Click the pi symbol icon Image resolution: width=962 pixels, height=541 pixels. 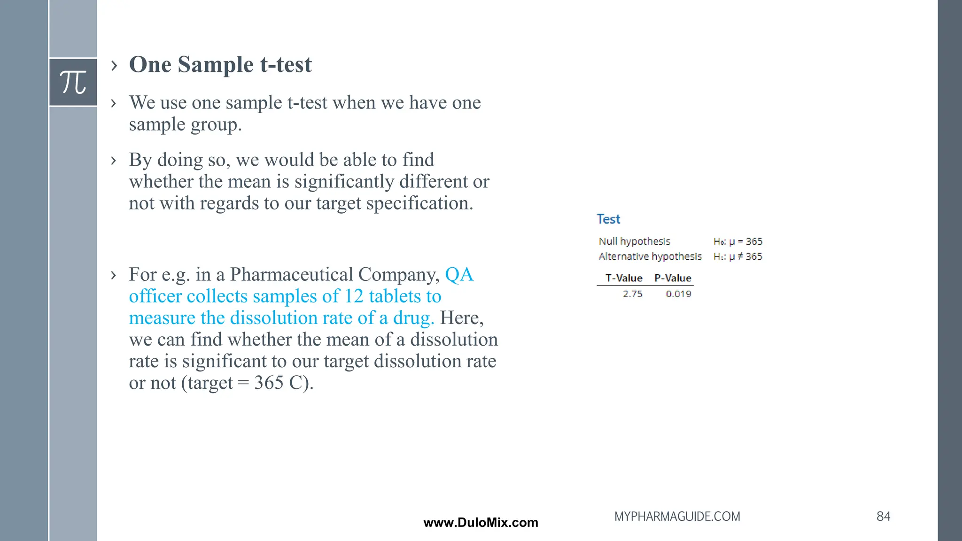click(x=73, y=82)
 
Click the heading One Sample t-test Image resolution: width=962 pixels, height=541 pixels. click(x=220, y=64)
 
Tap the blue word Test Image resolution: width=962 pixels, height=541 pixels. click(x=608, y=219)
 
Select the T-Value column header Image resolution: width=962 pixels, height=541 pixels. click(x=624, y=278)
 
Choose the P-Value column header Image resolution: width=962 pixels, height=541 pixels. click(x=673, y=278)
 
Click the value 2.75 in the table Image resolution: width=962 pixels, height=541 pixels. click(x=632, y=294)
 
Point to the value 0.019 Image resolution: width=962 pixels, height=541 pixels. click(x=678, y=294)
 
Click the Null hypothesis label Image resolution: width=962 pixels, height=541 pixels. click(x=634, y=241)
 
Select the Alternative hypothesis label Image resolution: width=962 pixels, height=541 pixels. click(x=650, y=256)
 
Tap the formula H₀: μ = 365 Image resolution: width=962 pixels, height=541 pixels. click(x=737, y=241)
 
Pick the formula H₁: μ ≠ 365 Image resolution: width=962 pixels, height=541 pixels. click(x=737, y=256)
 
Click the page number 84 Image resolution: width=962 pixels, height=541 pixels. click(x=883, y=517)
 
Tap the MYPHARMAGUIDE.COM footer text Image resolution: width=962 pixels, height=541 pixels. click(x=677, y=517)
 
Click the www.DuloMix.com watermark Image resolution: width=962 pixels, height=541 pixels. click(x=481, y=523)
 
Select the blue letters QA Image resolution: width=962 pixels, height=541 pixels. click(x=459, y=275)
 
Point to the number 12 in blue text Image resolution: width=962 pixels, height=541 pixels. click(x=354, y=296)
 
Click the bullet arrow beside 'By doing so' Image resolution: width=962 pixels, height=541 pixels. click(x=113, y=161)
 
